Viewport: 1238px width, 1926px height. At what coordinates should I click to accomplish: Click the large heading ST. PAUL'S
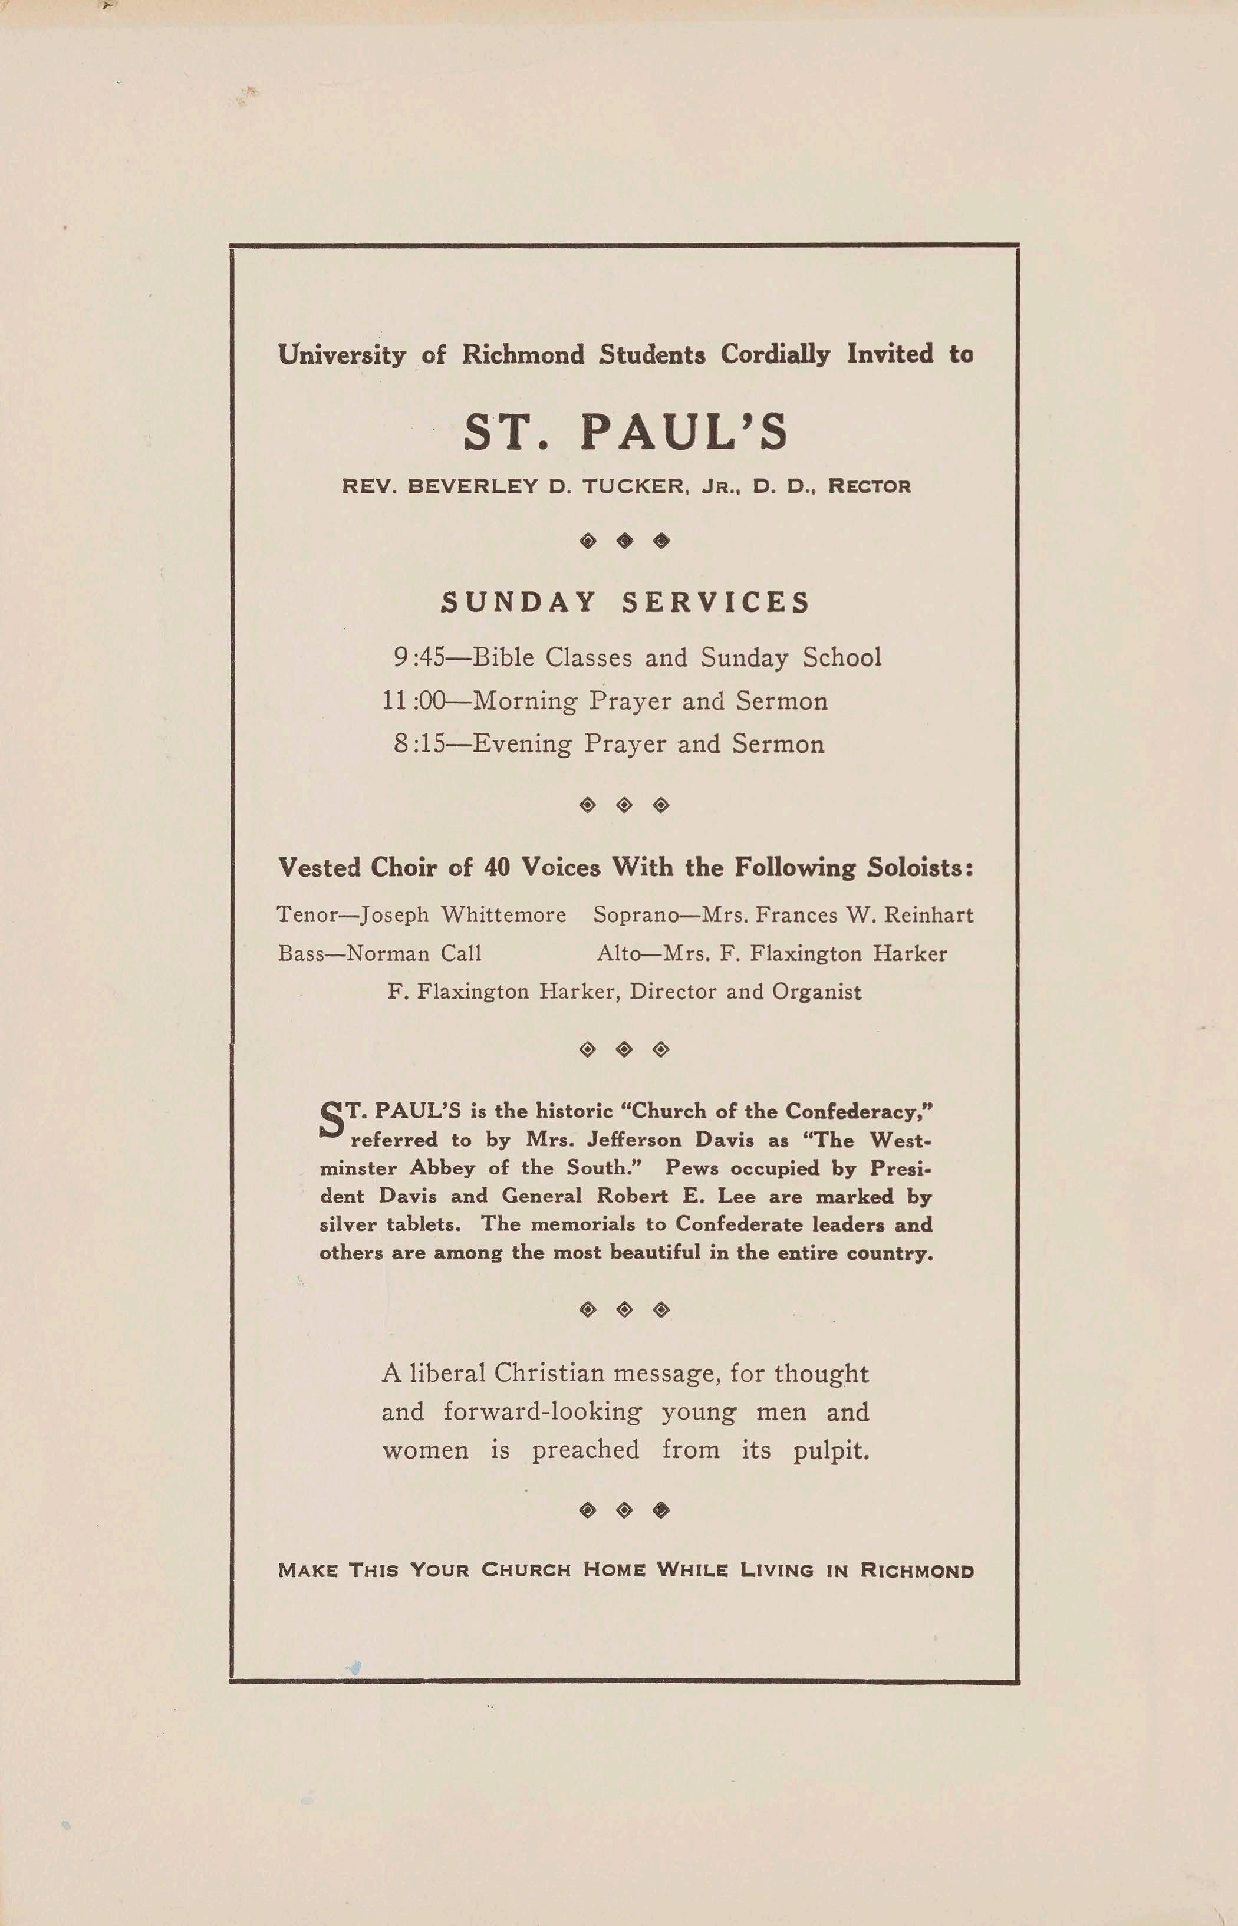tap(625, 433)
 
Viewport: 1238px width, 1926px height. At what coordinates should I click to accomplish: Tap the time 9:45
tap(418, 657)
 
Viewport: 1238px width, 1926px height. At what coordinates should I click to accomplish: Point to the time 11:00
tap(413, 701)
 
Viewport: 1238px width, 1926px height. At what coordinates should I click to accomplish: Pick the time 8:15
tap(418, 743)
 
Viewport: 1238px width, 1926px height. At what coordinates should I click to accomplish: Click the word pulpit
tap(831, 1450)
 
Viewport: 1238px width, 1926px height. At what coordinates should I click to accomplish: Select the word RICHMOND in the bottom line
tap(917, 1570)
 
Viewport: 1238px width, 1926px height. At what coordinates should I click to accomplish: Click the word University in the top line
tap(343, 354)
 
